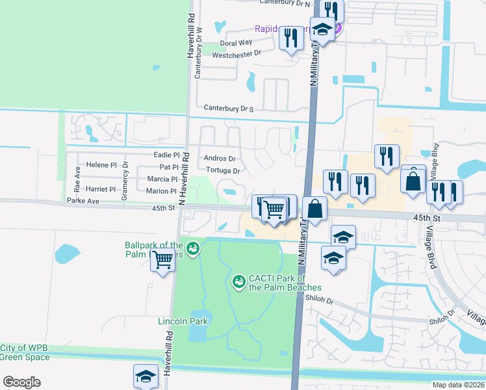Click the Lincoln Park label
183,321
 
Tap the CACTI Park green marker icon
238,281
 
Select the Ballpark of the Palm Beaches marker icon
192,248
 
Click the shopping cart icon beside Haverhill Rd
163,261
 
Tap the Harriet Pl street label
100,190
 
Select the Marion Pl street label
161,191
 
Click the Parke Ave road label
83,201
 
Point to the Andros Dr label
220,159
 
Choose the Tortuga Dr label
223,171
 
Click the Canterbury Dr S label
228,108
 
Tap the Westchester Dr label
237,54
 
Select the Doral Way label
236,43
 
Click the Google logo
21,382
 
